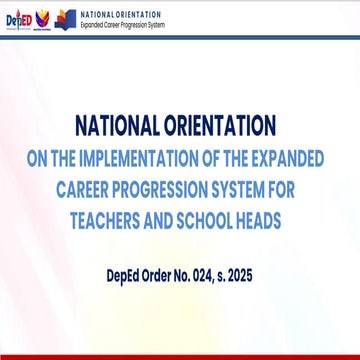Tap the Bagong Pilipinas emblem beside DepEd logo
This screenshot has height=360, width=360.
coord(41,20)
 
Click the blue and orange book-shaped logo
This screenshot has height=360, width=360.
coord(66,19)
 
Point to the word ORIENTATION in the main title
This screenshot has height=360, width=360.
coord(222,126)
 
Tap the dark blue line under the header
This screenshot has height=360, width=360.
coord(180,37)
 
